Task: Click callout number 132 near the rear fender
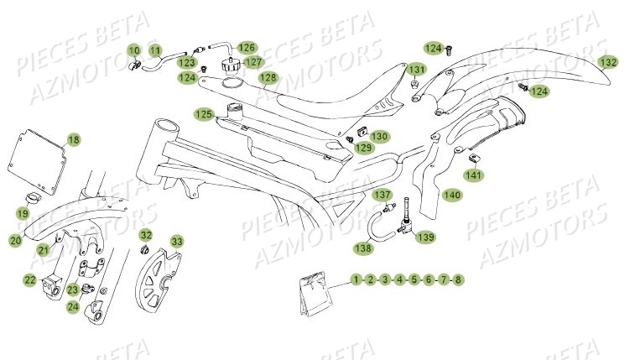(x=608, y=62)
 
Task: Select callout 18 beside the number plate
(x=74, y=140)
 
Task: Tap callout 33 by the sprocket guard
(x=176, y=241)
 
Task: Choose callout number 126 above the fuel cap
(x=246, y=48)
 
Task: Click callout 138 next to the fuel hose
(x=362, y=248)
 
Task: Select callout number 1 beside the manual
(x=357, y=279)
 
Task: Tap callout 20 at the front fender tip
(x=15, y=242)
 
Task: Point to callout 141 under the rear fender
(x=474, y=175)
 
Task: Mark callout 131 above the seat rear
(x=417, y=69)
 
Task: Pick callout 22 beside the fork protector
(x=29, y=280)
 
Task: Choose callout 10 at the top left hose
(x=134, y=51)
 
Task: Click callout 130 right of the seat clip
(x=379, y=135)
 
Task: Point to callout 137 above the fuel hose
(x=382, y=196)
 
